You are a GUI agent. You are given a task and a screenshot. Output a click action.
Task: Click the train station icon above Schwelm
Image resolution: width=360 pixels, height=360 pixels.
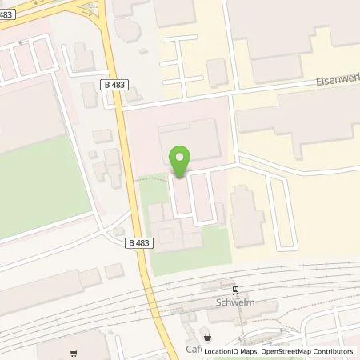pyautogui.click(x=235, y=291)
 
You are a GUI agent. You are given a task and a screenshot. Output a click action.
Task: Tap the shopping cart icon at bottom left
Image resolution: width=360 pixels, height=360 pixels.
pyautogui.click(x=73, y=352)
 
